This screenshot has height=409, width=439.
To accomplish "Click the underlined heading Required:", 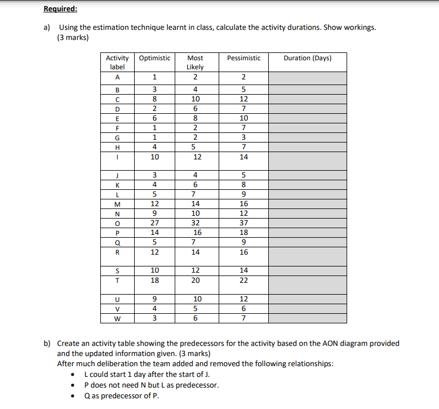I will [x=60, y=9].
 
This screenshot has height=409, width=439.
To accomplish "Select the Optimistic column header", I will [x=154, y=58].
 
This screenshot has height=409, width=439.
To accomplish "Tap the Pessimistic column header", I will [x=243, y=58].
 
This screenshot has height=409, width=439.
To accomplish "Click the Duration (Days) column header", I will [x=307, y=58].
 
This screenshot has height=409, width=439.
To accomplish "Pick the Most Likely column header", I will [x=195, y=62].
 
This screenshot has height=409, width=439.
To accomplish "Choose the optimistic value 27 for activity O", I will [x=154, y=222].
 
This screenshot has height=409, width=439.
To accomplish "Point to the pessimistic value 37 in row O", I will [x=243, y=222].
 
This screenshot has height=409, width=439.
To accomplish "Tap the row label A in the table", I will [x=117, y=77].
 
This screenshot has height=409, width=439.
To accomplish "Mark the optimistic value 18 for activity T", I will [x=154, y=280].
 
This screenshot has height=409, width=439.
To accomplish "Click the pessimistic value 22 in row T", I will [x=243, y=280].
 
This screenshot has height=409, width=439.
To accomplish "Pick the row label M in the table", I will [x=117, y=203].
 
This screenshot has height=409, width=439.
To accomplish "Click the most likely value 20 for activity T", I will [x=195, y=280].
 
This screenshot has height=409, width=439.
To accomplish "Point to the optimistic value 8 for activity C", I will [x=154, y=98].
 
